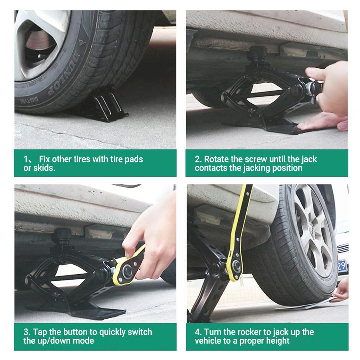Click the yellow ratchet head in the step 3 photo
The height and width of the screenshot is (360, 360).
coord(128,270)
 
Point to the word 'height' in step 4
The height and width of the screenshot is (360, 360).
coord(276,341)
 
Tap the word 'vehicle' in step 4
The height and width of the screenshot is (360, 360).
coord(208,341)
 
